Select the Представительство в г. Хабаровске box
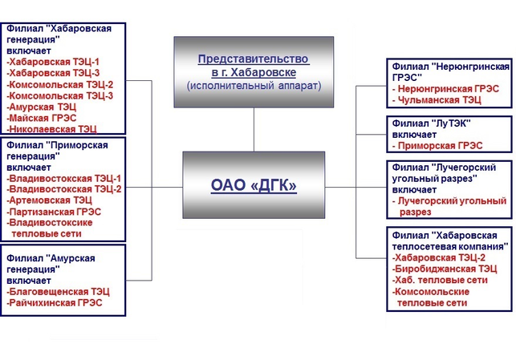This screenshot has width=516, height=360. [254, 71]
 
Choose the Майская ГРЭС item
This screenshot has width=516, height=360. [42, 117]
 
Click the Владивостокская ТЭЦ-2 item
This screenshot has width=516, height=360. [63, 189]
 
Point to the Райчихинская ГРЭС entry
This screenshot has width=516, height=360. [55, 303]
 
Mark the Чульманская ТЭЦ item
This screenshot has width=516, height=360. [437, 100]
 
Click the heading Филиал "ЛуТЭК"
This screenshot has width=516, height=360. [429, 123]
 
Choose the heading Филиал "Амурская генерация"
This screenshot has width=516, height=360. [51, 264]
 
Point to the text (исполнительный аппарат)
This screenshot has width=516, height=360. [254, 84]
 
